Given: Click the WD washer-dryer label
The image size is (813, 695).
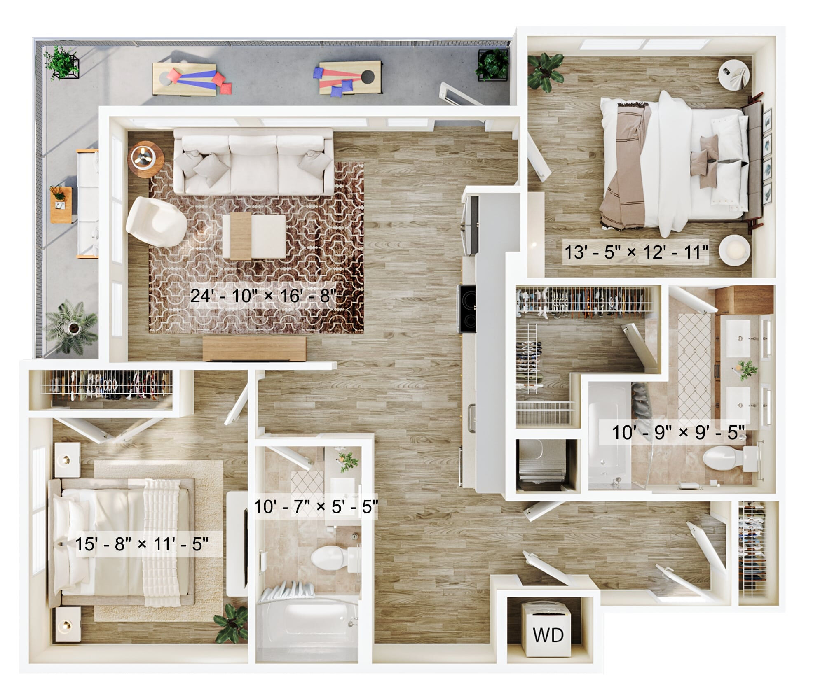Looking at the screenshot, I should coord(548,635).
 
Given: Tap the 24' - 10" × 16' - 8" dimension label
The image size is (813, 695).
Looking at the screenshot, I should coord(263,296).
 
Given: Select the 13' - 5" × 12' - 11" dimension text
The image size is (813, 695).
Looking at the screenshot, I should coord(636,252).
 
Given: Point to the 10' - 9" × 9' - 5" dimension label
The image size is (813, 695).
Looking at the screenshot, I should coord(678,432).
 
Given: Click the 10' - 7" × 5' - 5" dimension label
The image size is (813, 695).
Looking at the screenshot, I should coord(316,507).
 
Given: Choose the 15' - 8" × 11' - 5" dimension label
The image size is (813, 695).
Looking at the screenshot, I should coord(142,544).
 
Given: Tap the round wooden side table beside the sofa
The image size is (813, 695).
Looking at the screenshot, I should coord(145,159).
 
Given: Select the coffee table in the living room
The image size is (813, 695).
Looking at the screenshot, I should coord(254,236).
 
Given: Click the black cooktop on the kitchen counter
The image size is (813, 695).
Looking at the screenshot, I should coord(467,309).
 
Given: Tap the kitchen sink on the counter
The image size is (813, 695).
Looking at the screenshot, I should coord(471,418).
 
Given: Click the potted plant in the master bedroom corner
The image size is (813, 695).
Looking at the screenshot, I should coord(545,72).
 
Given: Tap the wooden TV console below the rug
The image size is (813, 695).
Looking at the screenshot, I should coord(254,348).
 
